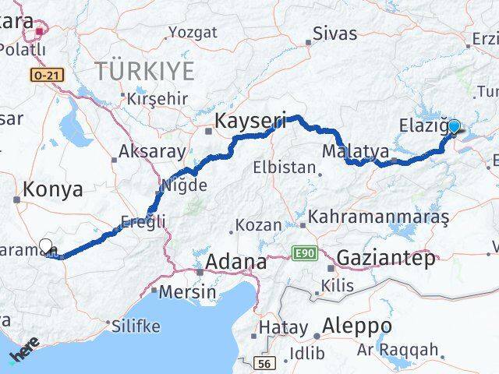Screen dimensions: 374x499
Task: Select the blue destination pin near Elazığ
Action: (x=454, y=126)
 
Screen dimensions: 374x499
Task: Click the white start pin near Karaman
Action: (x=46, y=246)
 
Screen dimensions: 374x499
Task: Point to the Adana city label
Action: (x=235, y=262)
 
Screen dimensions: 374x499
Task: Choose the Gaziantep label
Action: (x=386, y=259)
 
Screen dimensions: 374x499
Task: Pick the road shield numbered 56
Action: (x=265, y=364)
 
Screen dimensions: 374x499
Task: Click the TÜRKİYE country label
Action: (x=144, y=71)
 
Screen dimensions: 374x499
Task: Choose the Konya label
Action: (x=53, y=189)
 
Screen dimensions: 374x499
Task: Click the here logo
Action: (x=23, y=351)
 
